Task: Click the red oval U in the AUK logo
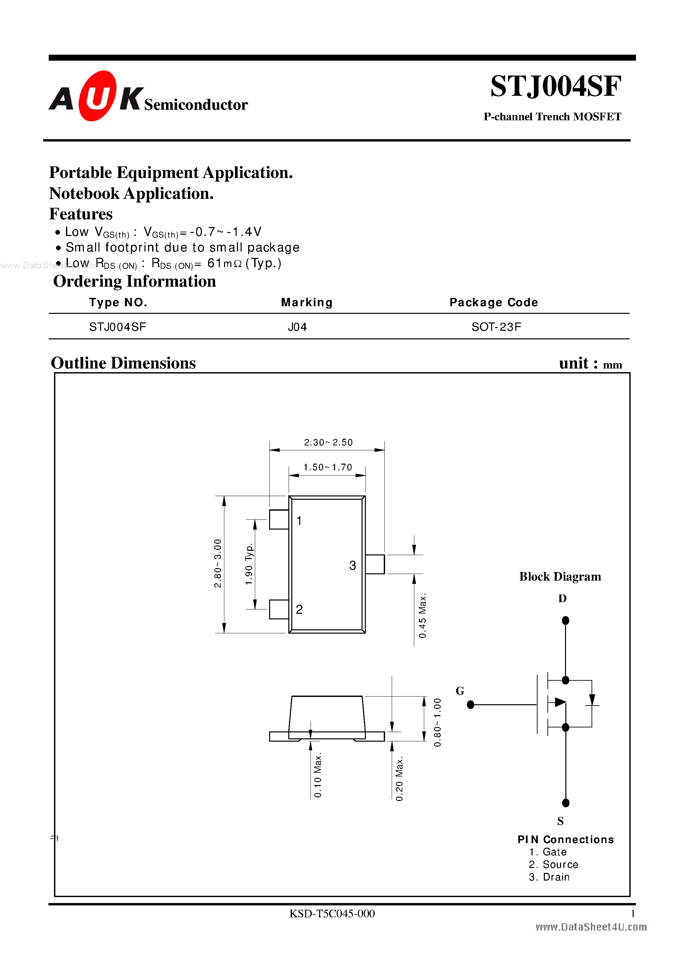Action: (97, 96)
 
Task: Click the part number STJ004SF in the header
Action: (555, 86)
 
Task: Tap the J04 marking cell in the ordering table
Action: (297, 327)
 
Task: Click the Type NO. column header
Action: (118, 303)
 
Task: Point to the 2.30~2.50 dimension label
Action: (328, 442)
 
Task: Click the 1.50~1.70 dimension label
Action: (327, 467)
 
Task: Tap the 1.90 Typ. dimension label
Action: (249, 564)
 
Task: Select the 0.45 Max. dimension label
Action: (423, 616)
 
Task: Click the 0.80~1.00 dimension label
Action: (437, 722)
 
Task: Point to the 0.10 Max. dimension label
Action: (318, 775)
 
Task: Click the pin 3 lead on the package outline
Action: (375, 564)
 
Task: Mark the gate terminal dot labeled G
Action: (471, 705)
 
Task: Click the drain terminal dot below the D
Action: (566, 620)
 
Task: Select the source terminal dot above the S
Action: (566, 803)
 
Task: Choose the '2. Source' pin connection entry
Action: (553, 864)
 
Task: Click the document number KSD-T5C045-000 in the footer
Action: (332, 914)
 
